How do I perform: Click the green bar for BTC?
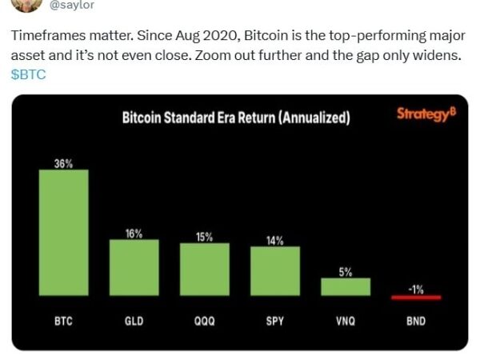63,233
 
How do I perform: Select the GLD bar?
134,268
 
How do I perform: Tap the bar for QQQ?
204,270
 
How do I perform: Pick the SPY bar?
274,271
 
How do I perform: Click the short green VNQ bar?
346,287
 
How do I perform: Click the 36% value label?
63,163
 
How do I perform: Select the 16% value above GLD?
134,234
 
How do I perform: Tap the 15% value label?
204,237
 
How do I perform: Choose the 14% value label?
274,240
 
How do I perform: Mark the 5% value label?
346,272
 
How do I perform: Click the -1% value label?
416,290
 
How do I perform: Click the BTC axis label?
63,321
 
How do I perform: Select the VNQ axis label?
346,321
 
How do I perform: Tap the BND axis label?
416,321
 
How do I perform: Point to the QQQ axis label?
204,321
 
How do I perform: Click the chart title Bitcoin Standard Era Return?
235,118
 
